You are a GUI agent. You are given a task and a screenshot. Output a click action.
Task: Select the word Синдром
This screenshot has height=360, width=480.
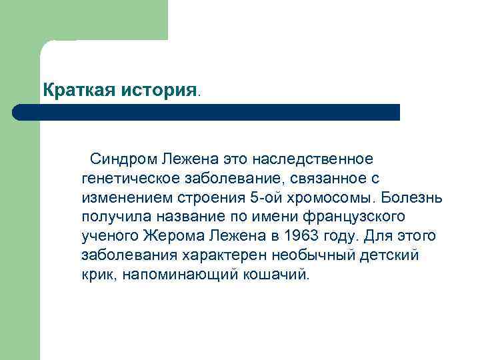pos(123,160)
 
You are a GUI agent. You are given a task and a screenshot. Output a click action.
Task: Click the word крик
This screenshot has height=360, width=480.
pos(98,275)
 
